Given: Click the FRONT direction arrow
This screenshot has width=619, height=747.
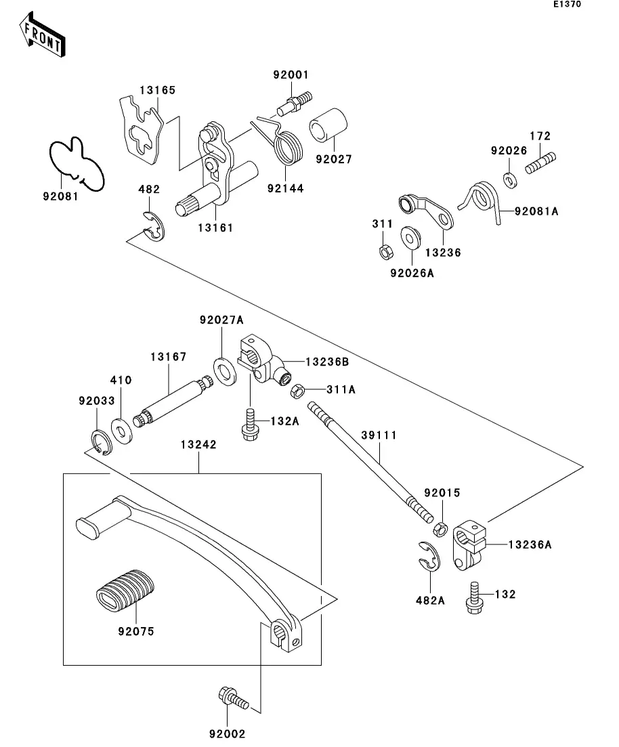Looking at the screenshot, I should (x=42, y=36).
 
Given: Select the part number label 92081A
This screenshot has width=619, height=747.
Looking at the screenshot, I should (x=536, y=211).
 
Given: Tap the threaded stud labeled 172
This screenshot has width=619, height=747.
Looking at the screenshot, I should (x=540, y=163).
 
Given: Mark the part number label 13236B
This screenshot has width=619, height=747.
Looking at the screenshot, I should (x=326, y=362).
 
